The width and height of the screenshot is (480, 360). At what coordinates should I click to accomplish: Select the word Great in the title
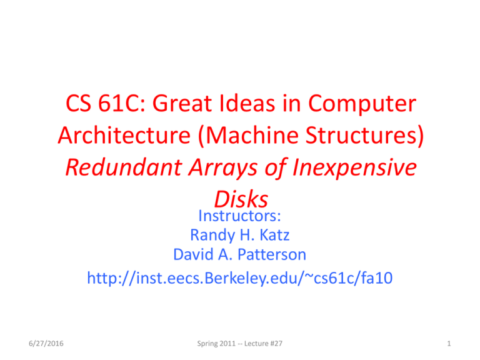182,103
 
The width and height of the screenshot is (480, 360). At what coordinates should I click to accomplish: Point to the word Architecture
124,135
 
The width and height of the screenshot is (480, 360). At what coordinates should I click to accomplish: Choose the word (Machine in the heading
248,136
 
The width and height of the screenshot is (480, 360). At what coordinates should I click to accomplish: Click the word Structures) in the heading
365,136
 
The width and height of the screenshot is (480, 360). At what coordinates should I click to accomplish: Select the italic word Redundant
124,167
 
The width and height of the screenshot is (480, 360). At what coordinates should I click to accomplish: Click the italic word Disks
241,199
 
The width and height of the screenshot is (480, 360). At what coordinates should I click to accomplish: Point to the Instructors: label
240,216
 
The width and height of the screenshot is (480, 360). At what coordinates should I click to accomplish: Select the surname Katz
274,235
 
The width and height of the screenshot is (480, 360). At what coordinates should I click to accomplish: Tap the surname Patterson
272,254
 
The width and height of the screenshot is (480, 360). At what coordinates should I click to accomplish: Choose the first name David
193,254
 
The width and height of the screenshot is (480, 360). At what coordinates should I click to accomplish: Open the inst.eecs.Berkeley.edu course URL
240,278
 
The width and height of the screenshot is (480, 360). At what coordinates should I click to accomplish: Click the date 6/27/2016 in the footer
46,344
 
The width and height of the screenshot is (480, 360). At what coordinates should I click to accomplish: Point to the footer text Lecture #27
263,344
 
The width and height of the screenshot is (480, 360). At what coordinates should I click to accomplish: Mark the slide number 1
449,344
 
